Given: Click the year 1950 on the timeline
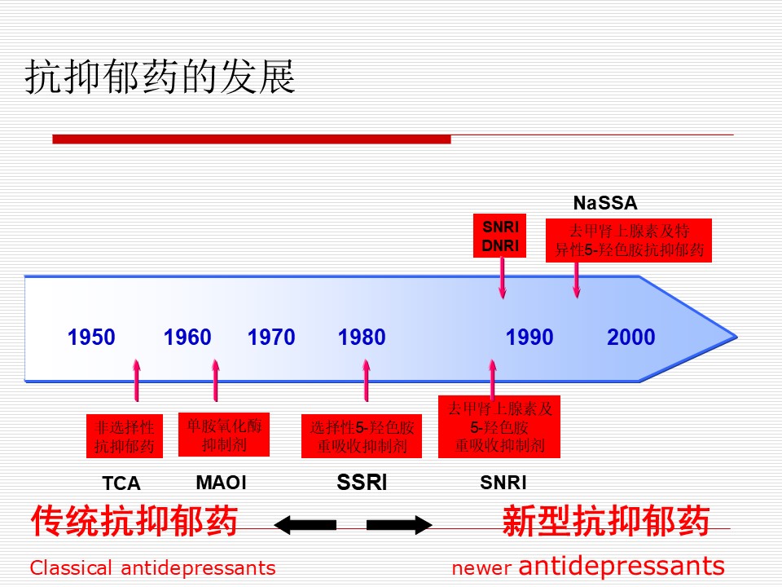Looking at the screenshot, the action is pos(91,337).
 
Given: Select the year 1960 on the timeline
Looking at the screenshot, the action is pos(187,337).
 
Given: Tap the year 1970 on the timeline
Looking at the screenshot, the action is pos(271,337).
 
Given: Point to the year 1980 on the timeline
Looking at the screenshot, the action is pos(362,337).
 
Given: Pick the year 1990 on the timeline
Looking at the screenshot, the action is pos(529,337).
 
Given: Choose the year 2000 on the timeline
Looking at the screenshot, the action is pos(630,337).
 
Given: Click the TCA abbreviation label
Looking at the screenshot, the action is pos(121,483).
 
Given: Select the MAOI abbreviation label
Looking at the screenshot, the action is pos(222,483).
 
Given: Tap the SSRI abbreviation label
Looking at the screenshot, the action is pos(362,482).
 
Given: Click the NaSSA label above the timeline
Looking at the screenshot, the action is pos(605,203).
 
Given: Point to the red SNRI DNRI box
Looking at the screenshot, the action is pos(499,236).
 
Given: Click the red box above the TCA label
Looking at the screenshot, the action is pos(124,435).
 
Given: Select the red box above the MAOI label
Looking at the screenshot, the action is pos(224,435).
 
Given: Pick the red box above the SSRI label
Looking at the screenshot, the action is pos(362,435).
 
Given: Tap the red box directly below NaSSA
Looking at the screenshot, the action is pos(628,240).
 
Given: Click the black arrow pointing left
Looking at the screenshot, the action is pos(305,524).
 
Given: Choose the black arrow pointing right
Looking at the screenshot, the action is pos(399,524).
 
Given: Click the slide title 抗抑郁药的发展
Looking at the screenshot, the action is pos(160,77).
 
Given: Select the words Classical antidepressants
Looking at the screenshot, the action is pos(152,568).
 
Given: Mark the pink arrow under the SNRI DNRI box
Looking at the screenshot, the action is pos(503,278).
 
